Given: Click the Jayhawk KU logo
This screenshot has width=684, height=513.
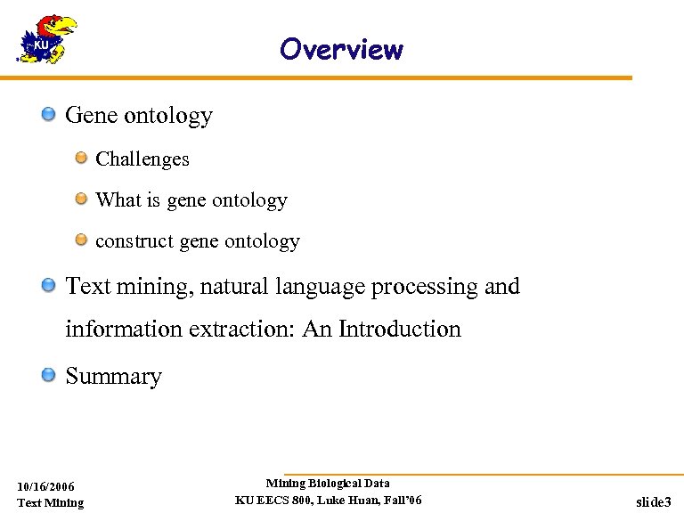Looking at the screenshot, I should tap(45, 39).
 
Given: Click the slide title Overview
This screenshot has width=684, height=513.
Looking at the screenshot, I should tap(341, 49).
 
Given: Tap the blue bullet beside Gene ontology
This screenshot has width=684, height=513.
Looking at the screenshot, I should tap(50, 114).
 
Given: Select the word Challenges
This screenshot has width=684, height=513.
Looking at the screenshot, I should tap(142, 159).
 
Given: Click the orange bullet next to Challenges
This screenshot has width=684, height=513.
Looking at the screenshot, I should tap(81, 158).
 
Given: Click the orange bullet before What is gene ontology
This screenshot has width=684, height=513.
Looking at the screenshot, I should tap(81, 199).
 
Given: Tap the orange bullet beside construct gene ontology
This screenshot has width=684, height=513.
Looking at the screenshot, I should tap(81, 240).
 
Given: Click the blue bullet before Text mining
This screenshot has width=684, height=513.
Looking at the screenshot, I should tap(50, 286).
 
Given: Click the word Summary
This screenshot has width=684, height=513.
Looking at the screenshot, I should tap(114, 377).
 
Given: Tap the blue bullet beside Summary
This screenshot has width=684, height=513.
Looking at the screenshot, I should tap(50, 375).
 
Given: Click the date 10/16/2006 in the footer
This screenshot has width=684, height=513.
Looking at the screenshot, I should tap(46, 486).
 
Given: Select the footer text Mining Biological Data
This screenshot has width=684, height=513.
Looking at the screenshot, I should tap(328, 484).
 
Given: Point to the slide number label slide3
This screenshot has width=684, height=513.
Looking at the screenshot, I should tap(654, 502).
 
